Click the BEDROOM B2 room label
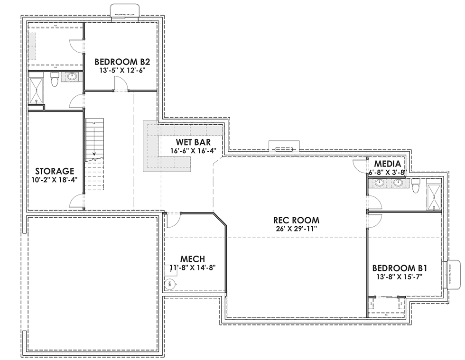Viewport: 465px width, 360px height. click(122, 61)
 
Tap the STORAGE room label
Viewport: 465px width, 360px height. click(55, 171)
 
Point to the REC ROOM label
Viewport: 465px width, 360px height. click(296, 220)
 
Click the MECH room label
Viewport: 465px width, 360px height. click(193, 259)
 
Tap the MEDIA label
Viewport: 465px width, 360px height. click(388, 164)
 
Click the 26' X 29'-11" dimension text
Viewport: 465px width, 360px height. click(296, 229)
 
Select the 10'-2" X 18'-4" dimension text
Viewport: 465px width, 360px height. click(55, 180)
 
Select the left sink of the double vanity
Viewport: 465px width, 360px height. click(380, 183)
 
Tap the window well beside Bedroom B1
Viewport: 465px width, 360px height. click(454, 274)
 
